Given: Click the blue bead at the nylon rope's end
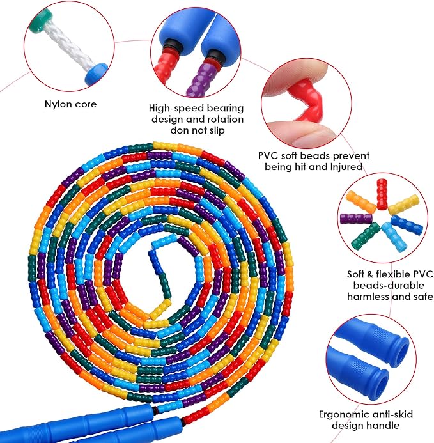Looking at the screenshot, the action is pyautogui.click(x=96, y=74).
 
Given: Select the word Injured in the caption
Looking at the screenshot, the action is pyautogui.click(x=346, y=167).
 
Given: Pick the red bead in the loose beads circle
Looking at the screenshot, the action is pyautogui.click(x=382, y=194).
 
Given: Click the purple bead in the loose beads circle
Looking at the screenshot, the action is pyautogui.click(x=356, y=219).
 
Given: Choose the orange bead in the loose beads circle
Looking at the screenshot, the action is pyautogui.click(x=360, y=202).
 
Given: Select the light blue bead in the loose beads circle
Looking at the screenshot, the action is pyautogui.click(x=392, y=237).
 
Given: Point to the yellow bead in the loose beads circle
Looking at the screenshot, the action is pyautogui.click(x=403, y=205).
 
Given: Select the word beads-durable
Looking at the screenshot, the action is pyautogui.click(x=389, y=286).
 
